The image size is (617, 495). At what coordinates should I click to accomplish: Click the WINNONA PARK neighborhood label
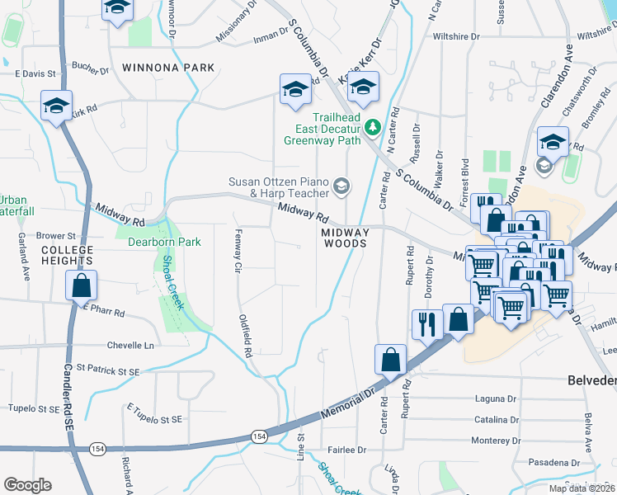click(167, 68)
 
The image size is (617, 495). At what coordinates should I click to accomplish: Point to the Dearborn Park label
click(164, 243)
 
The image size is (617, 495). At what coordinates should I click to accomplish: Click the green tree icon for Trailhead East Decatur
click(372, 127)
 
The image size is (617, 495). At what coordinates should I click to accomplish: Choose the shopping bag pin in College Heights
click(81, 286)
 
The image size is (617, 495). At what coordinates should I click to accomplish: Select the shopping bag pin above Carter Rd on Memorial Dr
click(391, 359)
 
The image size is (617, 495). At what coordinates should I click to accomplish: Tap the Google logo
click(27, 485)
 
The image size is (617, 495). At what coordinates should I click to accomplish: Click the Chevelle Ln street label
click(130, 345)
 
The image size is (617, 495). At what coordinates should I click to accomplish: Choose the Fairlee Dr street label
click(346, 450)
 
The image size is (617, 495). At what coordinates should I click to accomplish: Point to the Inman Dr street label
click(271, 34)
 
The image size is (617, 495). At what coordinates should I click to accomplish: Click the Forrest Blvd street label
click(465, 177)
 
